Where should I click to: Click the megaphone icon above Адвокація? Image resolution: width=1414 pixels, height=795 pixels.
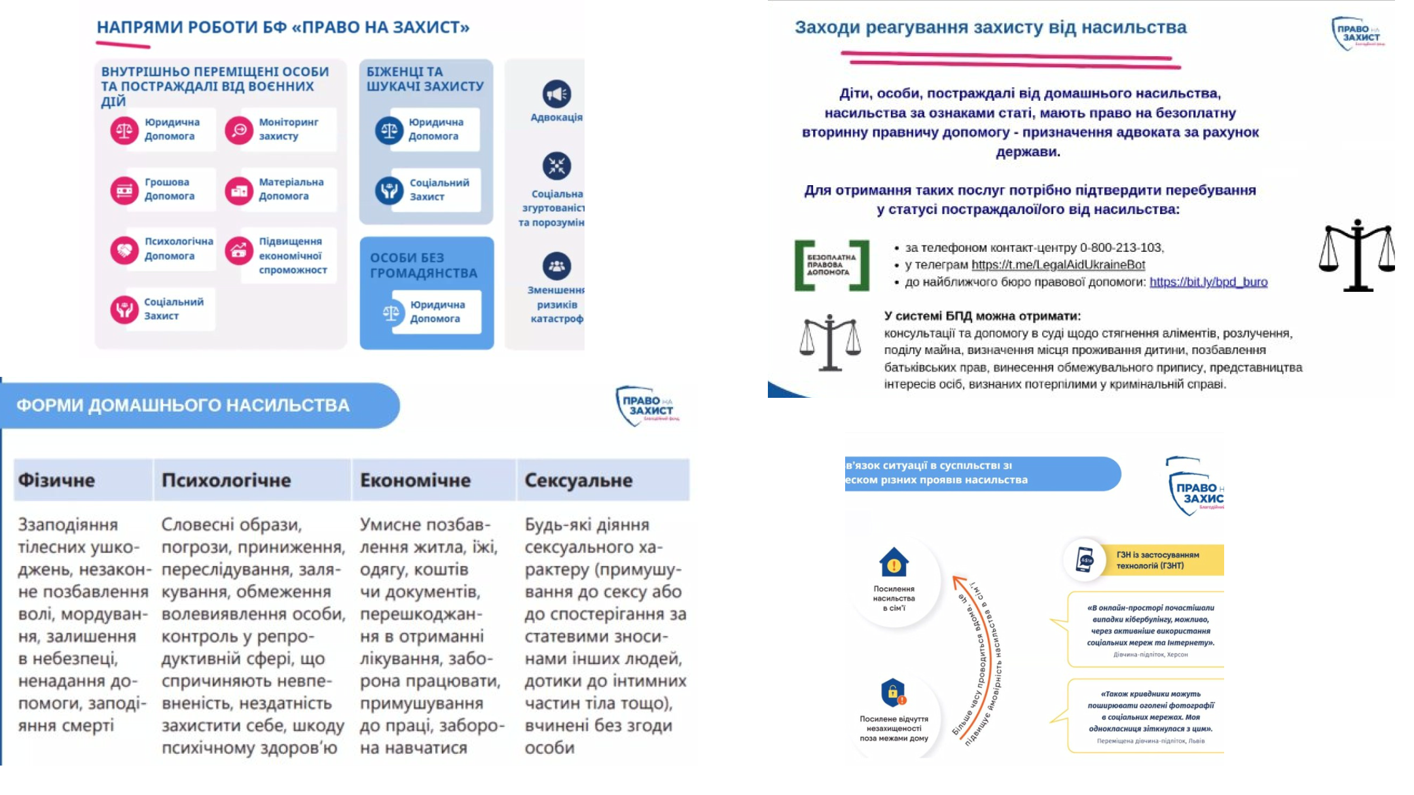pos(556,94)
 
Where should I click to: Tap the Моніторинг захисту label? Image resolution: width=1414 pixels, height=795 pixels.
pos(288,129)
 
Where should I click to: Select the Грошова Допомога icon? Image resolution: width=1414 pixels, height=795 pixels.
pos(124,190)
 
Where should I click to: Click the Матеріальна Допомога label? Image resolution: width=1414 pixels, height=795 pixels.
pos(291,189)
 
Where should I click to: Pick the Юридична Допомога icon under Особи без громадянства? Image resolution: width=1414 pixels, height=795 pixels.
pos(391,313)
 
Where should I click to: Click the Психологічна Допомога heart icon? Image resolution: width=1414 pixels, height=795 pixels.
pos(124,249)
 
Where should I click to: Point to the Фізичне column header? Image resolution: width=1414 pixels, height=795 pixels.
pos(56,480)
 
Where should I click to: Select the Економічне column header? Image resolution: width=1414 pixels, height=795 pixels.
pos(415,480)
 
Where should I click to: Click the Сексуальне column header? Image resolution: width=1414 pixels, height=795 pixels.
pos(578,480)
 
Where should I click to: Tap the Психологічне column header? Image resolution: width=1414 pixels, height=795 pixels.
pos(226,480)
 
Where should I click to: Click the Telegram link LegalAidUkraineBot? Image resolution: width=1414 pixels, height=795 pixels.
pos(1058,265)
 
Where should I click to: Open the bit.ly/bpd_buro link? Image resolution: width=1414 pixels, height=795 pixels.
pos(1208,282)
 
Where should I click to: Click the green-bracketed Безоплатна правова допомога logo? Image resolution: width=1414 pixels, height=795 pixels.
pos(831,265)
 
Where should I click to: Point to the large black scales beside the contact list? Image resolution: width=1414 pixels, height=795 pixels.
pos(1356,255)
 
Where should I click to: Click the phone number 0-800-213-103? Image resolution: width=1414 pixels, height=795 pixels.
pos(1121,248)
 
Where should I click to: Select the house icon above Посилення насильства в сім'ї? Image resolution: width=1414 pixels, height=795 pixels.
pos(894,562)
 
